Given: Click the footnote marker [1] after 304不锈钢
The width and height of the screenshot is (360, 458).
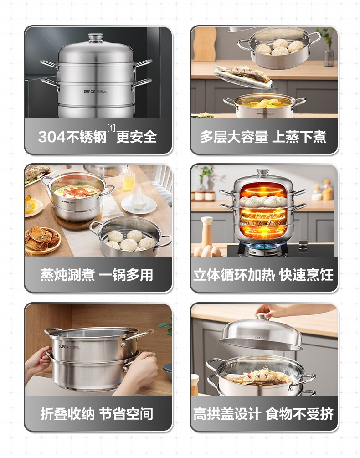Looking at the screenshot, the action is tap(111, 128).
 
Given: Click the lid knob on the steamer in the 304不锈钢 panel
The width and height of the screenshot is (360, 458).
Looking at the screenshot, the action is tap(96, 38).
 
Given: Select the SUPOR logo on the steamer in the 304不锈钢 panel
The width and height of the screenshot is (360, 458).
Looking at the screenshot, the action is tap(89, 92).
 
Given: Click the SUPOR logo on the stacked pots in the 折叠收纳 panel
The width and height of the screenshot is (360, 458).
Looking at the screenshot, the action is tap(63, 347).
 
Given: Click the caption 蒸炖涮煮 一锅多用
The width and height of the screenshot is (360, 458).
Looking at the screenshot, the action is tap(97, 275).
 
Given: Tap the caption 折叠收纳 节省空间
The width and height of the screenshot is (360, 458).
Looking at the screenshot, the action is tap(97, 414).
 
